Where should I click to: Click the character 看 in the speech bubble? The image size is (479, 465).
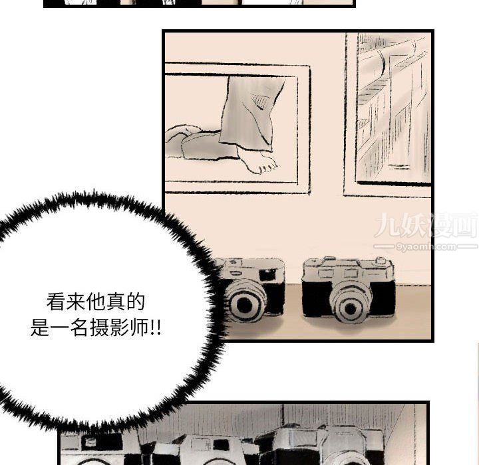(56, 302)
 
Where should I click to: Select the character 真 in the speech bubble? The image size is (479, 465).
(116, 302)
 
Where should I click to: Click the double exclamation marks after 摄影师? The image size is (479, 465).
(155, 328)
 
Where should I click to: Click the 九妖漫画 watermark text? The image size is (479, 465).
(426, 226)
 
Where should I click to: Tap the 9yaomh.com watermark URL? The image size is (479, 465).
(426, 246)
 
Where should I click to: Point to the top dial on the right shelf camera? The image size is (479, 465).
(381, 261)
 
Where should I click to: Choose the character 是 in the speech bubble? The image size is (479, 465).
(39, 328)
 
